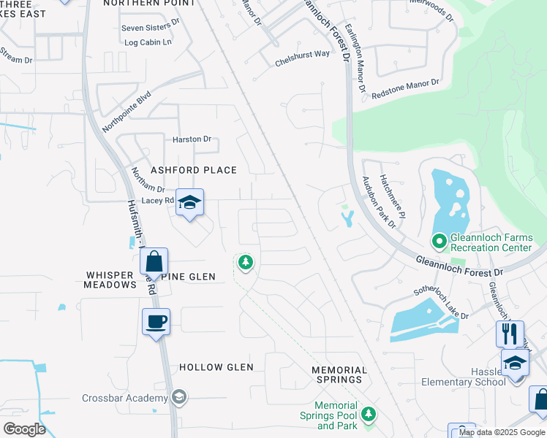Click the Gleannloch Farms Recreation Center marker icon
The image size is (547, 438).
[440, 240]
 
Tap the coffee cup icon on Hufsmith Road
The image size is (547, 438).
[156, 321]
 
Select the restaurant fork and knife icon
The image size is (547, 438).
[510, 334]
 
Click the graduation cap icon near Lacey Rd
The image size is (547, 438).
[189, 203]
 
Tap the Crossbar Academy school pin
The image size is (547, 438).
[178, 397]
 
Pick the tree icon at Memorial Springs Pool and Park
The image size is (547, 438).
[369, 414]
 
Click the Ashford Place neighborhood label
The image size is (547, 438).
[194, 170]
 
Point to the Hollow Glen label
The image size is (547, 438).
[216, 367]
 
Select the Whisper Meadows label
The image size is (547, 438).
[110, 280]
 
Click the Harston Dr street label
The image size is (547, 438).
[192, 139]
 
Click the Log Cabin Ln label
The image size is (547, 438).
[148, 42]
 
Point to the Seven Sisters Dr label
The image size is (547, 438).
[150, 28]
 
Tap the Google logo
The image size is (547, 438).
[24, 429]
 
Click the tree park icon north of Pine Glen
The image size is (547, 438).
[246, 261]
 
